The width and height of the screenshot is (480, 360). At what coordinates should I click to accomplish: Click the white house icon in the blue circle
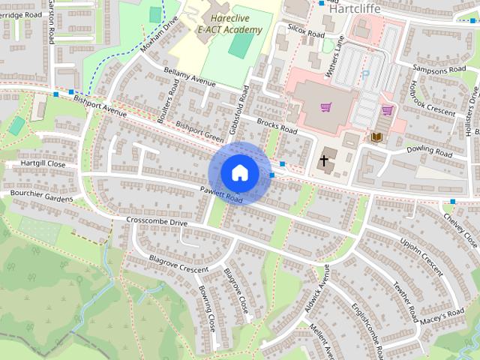click(239, 172)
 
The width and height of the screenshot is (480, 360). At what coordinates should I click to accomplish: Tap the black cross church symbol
click(325, 160)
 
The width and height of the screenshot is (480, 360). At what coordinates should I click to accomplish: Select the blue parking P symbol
click(365, 75)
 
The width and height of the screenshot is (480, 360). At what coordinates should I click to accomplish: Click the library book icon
click(377, 136)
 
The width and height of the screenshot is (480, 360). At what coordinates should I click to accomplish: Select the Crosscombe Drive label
click(157, 222)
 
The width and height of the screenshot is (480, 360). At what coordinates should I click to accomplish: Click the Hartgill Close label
click(43, 163)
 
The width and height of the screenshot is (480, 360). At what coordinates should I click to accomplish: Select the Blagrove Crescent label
click(178, 264)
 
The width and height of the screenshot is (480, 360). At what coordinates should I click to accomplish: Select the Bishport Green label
click(200, 131)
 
